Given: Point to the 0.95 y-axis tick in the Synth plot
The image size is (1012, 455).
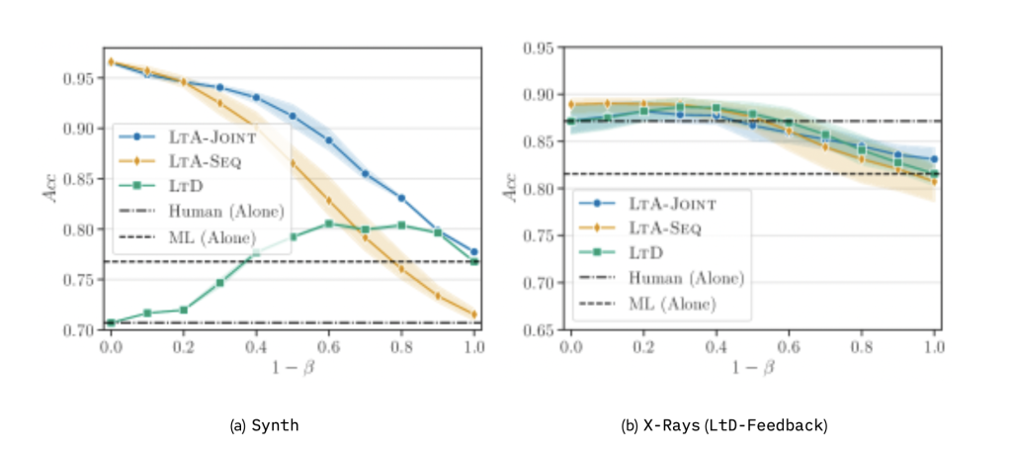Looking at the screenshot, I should (83, 78).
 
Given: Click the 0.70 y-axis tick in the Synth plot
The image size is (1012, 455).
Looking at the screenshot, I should (83, 330).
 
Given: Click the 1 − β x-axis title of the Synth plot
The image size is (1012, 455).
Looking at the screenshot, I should (293, 368).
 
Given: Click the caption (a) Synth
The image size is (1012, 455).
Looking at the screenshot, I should (264, 426).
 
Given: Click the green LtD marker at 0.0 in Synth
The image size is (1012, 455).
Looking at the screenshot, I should (111, 322).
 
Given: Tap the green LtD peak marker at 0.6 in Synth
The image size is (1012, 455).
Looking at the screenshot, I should (329, 224).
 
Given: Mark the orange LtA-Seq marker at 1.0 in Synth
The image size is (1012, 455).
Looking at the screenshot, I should (474, 315).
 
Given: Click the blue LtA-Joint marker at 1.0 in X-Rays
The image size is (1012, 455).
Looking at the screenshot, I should (934, 158).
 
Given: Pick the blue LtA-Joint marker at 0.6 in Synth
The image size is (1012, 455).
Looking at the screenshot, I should (329, 140).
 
